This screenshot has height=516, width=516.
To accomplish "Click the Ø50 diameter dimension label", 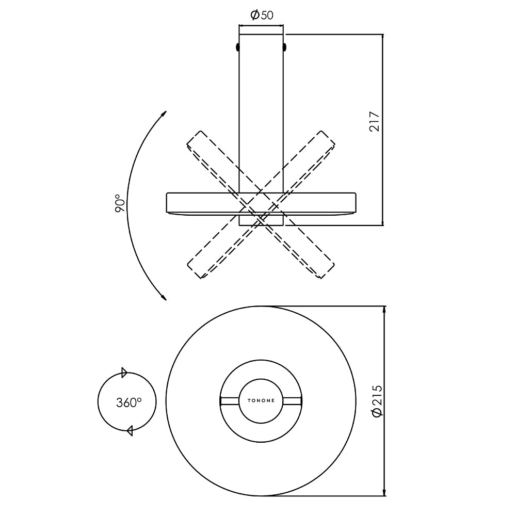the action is click(262, 15).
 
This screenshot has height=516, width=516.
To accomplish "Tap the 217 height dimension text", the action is click(374, 122).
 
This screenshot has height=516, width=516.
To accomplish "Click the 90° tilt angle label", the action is click(120, 203).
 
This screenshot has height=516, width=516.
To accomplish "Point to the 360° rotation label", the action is click(128, 402).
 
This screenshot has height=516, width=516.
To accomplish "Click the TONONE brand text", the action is click(261, 401).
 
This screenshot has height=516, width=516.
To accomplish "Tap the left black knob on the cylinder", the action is click(237, 47).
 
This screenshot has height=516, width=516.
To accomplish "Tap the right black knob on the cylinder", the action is click(285, 47).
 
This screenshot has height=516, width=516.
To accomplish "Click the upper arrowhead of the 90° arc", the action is click(164, 114).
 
